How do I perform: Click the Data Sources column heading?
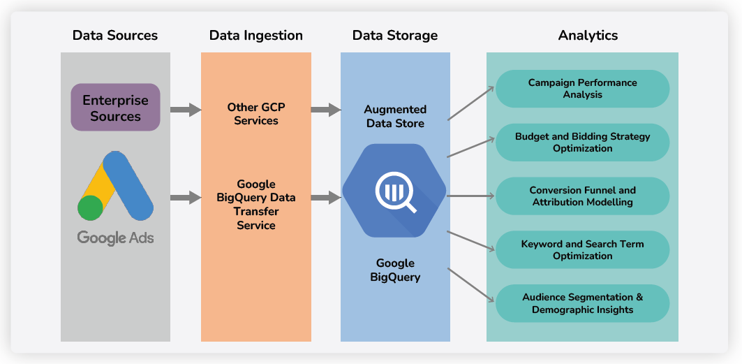click(x=115, y=35)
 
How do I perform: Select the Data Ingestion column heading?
click(x=255, y=35)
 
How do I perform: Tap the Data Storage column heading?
click(x=395, y=35)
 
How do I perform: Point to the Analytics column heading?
click(x=588, y=35)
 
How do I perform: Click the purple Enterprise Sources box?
click(x=115, y=108)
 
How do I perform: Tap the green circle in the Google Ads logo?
click(x=91, y=208)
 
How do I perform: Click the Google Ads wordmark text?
click(x=115, y=238)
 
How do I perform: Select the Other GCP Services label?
click(x=255, y=114)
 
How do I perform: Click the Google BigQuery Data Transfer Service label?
click(x=255, y=205)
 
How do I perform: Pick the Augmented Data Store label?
click(x=395, y=117)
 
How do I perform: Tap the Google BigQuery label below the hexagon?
click(x=395, y=270)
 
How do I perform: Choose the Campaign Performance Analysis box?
click(x=582, y=89)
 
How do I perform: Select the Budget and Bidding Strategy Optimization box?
click(x=582, y=143)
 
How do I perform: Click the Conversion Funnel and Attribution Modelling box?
click(x=582, y=196)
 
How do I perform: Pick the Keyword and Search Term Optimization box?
click(x=582, y=250)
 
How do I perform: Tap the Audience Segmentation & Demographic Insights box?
click(x=582, y=304)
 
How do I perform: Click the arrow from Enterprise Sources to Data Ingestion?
click(x=186, y=110)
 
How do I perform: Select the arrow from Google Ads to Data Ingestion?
click(x=186, y=198)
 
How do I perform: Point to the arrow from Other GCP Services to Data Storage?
click(x=326, y=110)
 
